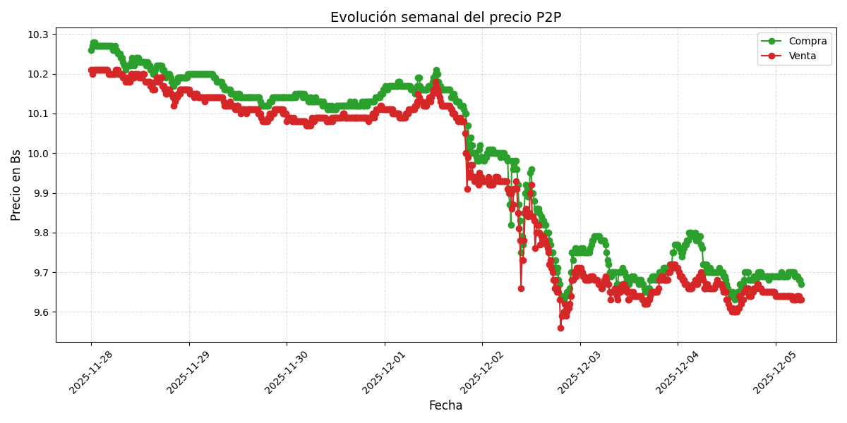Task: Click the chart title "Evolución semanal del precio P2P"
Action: click(x=445, y=18)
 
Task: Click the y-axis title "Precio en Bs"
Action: click(x=16, y=185)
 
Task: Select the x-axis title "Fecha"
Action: click(x=445, y=406)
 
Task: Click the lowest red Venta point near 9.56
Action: click(x=560, y=328)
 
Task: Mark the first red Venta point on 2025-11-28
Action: click(x=91, y=70)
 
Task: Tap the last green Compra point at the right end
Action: click(x=800, y=284)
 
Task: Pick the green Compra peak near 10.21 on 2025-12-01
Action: click(x=436, y=70)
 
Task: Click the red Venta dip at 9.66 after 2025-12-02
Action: click(x=521, y=288)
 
